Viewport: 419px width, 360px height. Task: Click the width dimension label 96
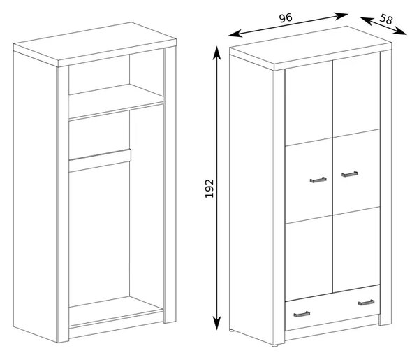[x=286, y=18]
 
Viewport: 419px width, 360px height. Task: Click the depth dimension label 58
[x=386, y=19]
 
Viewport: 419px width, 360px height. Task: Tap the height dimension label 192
[x=209, y=188]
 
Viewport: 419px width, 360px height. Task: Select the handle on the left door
[x=318, y=180]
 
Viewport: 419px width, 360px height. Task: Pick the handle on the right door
[x=350, y=174]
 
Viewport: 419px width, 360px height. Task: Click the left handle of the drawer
[x=302, y=315]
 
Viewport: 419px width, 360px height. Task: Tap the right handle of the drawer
[x=366, y=303]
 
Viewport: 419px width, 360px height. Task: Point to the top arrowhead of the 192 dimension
[x=216, y=52]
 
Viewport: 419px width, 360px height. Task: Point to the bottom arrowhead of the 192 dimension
[x=217, y=323]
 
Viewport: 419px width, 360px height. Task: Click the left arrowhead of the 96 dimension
[x=235, y=34]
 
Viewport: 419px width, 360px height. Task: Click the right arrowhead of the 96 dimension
[x=341, y=16]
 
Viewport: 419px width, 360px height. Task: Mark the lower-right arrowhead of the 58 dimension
[x=400, y=31]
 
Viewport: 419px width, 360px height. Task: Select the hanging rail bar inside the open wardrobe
[x=100, y=161]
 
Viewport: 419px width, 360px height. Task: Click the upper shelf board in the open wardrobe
[x=116, y=101]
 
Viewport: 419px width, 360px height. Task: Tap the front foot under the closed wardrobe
[x=275, y=345]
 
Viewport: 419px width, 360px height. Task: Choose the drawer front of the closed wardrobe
[x=332, y=308]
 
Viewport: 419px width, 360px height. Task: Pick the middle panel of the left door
[x=309, y=181]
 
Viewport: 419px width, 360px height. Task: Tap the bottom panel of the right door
[x=356, y=250]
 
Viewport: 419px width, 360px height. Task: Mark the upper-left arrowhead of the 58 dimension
[x=367, y=20]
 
